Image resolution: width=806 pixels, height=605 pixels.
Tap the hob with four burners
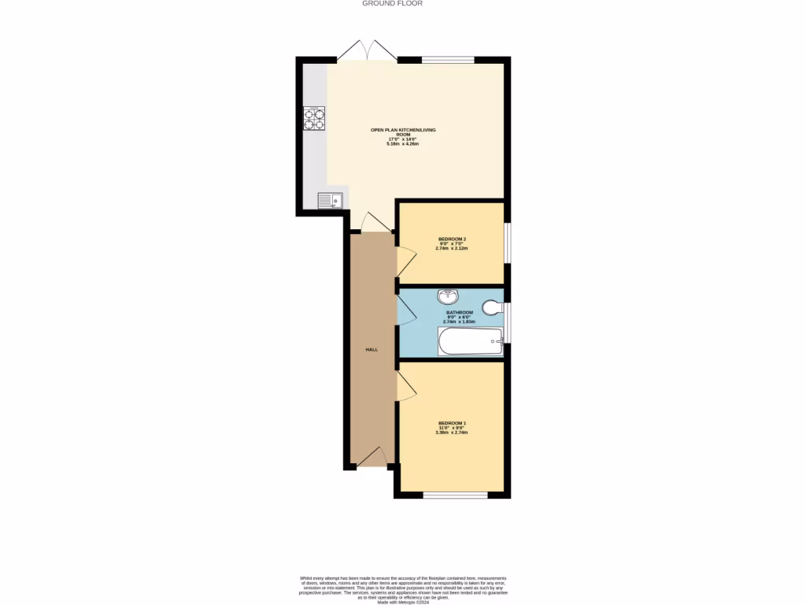click(314, 117)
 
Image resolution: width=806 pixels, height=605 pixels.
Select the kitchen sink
click(330, 201)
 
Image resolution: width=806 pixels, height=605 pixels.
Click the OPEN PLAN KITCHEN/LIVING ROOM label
click(403, 132)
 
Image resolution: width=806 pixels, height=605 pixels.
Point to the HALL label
click(371, 349)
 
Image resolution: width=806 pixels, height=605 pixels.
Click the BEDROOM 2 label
click(452, 239)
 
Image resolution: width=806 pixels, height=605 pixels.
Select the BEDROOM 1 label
click(452, 423)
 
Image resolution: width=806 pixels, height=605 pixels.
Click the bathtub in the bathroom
click(470, 342)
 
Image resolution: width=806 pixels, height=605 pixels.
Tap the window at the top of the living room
click(448, 59)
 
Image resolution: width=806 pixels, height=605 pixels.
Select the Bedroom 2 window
click(507, 241)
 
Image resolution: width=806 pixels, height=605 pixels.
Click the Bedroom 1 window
click(455, 495)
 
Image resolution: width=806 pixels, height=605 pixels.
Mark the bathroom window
click(507, 322)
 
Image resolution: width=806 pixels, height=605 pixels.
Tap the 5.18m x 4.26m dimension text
click(403, 144)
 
